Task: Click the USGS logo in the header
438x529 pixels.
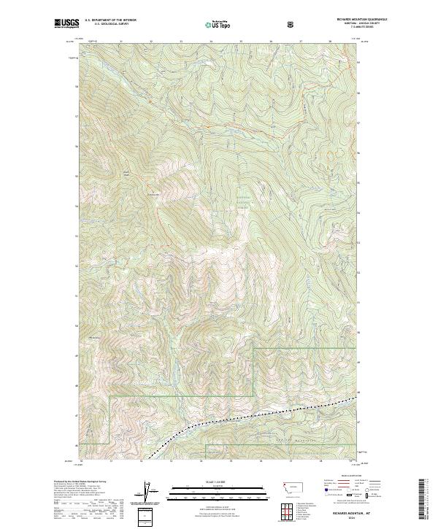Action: (x=66, y=23)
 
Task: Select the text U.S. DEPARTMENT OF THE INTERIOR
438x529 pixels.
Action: (x=109, y=20)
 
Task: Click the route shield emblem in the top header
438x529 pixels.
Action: (x=292, y=24)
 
